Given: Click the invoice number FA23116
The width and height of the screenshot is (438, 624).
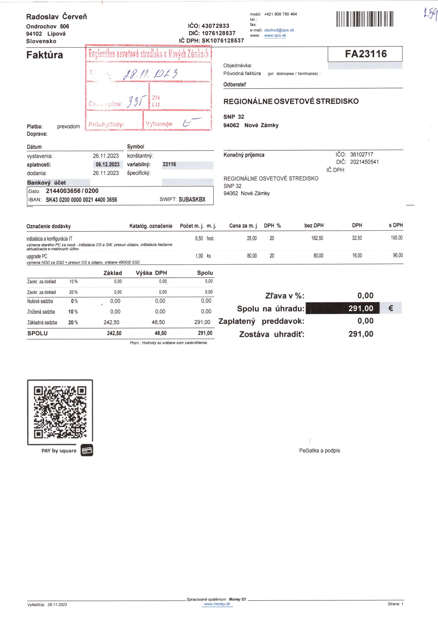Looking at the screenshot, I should pos(366,54).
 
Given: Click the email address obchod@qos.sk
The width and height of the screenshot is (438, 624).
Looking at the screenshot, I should pos(279,30).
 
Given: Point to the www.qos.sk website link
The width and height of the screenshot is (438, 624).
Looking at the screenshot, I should pos(275,35).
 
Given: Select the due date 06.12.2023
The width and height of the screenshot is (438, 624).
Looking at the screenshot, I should pos(107,164).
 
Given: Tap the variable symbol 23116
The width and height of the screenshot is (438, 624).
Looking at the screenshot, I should pos(169,164).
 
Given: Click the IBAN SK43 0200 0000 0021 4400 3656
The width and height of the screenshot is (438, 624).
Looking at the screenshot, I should pos(81,200).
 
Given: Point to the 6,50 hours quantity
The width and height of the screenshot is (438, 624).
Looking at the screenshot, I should pos(199,239).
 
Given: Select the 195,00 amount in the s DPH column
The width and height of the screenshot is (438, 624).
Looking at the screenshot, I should pos(397,238).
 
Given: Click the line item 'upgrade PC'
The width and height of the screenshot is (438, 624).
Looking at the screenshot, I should pos(37,256).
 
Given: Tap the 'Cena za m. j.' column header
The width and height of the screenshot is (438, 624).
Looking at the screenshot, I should pos(243,225).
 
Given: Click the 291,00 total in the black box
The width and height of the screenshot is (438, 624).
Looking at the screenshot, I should pos(361,308).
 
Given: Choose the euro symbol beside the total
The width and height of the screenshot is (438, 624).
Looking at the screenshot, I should pos(391,308).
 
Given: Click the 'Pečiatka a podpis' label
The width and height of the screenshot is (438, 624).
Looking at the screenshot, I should pos(320,450).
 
